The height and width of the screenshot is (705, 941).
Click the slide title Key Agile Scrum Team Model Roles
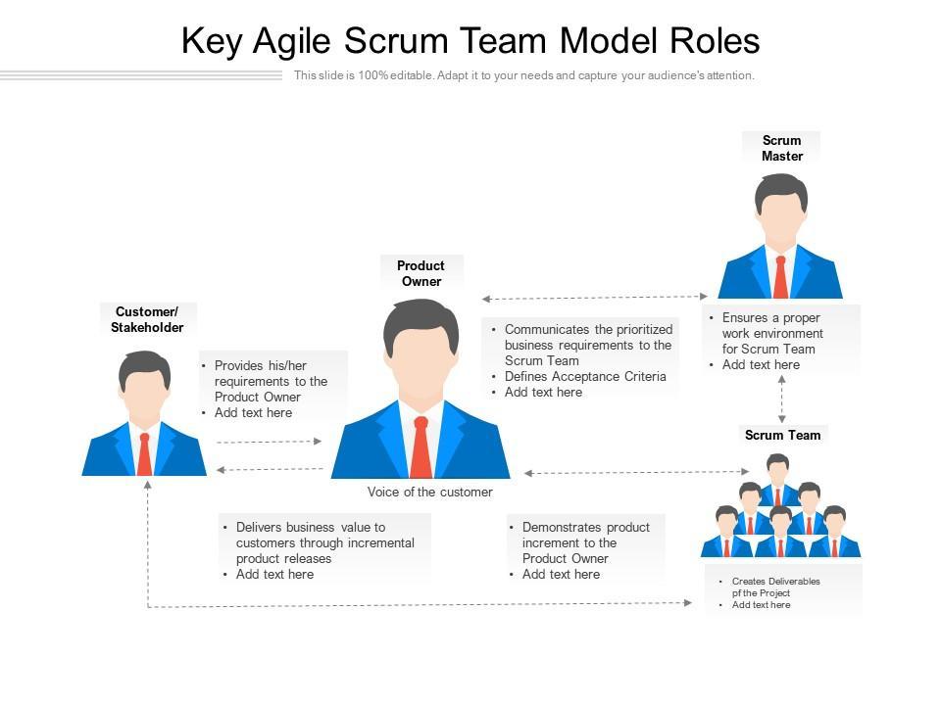coord(470,41)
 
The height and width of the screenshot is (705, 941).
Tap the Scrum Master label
coord(781,148)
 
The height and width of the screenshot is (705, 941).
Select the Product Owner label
coord(421,273)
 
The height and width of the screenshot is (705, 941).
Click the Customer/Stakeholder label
coord(147,320)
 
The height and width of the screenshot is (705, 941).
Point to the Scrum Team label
coord(782,435)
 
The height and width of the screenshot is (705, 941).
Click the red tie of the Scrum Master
coord(780,277)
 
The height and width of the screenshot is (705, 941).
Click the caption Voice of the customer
coord(429,492)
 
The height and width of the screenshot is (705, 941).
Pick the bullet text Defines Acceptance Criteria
coord(585,376)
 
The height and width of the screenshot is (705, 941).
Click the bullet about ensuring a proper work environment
coord(771,333)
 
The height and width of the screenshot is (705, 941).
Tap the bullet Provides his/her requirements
coord(270,381)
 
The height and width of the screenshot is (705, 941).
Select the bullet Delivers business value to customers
coord(323,542)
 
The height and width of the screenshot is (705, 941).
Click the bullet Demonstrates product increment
coord(584,542)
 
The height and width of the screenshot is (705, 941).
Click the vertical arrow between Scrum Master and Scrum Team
coord(781,399)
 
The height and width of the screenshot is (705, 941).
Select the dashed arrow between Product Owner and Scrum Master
coord(594,297)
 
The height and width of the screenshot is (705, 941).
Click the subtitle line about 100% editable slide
coord(524,75)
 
